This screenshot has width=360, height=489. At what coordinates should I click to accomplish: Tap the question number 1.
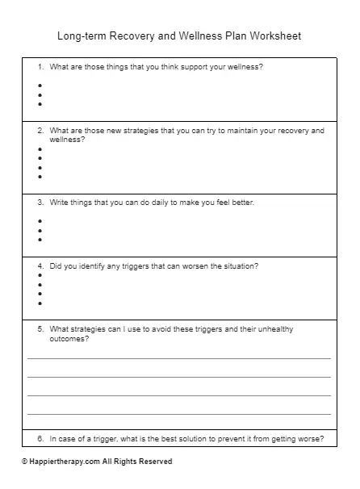(x=40, y=67)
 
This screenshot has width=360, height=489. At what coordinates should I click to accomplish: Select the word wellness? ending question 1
(x=245, y=67)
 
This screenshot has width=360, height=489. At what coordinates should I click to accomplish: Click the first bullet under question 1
(x=40, y=84)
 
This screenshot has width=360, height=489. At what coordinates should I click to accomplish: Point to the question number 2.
(x=40, y=130)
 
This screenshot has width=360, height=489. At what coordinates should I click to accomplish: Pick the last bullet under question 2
(x=40, y=177)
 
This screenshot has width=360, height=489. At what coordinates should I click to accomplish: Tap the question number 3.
(x=40, y=203)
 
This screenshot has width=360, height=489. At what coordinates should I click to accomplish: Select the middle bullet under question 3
(x=40, y=230)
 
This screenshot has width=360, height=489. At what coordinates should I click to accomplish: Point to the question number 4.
(x=40, y=265)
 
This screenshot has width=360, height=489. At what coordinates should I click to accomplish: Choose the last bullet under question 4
(x=40, y=303)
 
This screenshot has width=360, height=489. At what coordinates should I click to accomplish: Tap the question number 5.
(x=40, y=329)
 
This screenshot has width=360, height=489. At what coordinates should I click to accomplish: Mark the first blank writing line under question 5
(x=179, y=357)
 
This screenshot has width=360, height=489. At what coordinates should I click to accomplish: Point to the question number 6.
(x=40, y=439)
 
